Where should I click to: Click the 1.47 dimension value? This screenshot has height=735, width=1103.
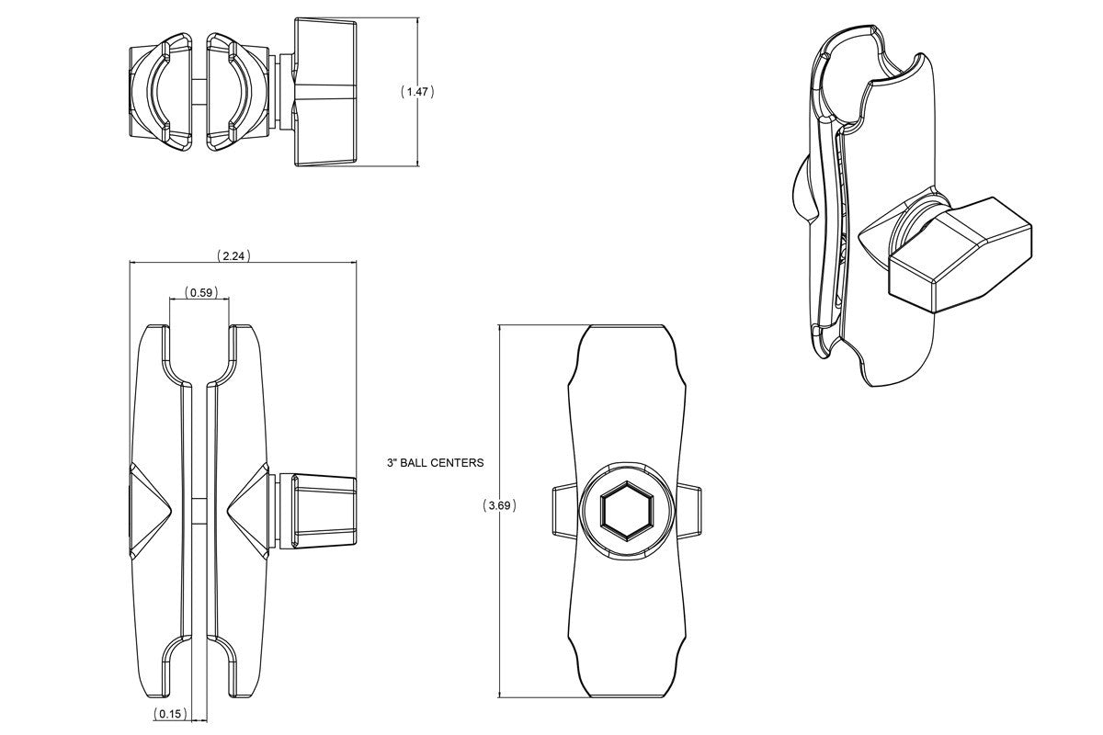tap(418, 92)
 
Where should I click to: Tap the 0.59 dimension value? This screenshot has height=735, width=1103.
tap(199, 293)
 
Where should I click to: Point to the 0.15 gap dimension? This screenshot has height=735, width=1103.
tap(170, 714)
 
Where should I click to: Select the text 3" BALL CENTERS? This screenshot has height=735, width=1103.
tap(434, 463)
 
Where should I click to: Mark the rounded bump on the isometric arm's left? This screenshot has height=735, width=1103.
tap(800, 188)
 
